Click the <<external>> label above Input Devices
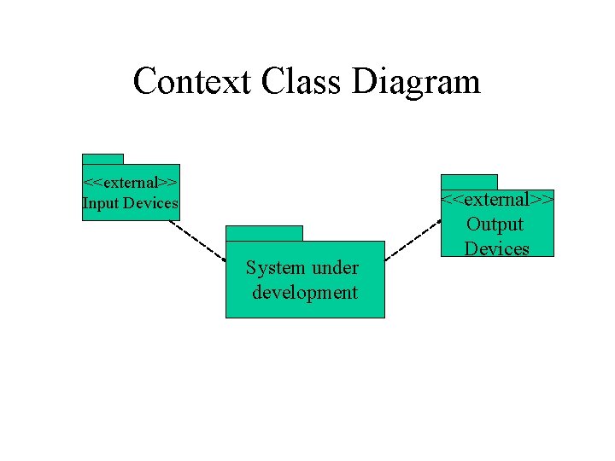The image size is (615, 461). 130,182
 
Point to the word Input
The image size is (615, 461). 100,203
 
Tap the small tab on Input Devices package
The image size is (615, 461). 102,159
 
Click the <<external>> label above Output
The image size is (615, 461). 497,200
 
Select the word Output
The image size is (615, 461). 495,225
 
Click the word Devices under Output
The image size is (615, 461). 496,248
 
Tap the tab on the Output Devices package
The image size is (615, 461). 469,182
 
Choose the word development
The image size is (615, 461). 305,293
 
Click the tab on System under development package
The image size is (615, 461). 264,233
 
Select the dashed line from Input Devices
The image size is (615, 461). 197,240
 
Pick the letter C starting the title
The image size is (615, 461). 144,82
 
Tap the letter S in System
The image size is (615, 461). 251,267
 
